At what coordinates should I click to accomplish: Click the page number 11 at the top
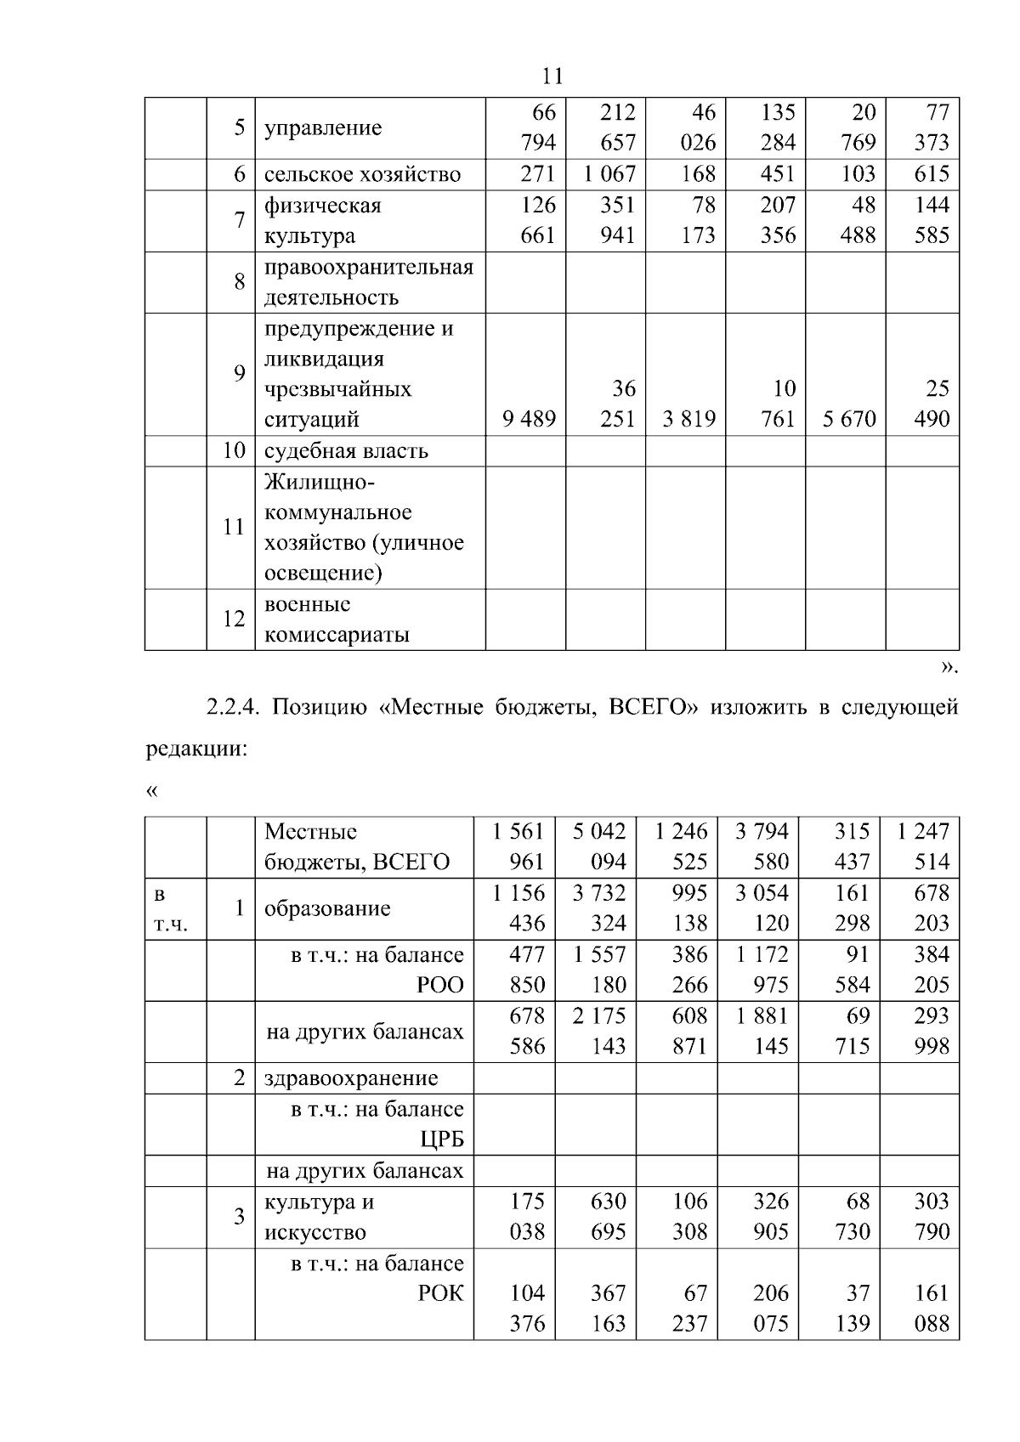tap(552, 76)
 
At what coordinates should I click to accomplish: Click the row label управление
tap(323, 128)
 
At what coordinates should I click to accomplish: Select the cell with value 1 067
tap(609, 174)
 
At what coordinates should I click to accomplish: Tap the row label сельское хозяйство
tap(362, 174)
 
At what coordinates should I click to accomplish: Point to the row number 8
tap(240, 282)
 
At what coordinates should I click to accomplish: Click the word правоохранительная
tap(368, 268)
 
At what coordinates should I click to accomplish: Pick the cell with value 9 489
tap(529, 419)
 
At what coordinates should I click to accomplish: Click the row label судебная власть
tap(346, 450)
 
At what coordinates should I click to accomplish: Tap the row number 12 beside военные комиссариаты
tap(234, 619)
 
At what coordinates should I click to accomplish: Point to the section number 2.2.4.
tap(234, 707)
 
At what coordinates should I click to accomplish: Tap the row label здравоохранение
tap(351, 1078)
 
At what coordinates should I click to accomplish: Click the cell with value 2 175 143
tap(599, 1031)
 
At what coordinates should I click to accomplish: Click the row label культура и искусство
tap(319, 1217)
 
